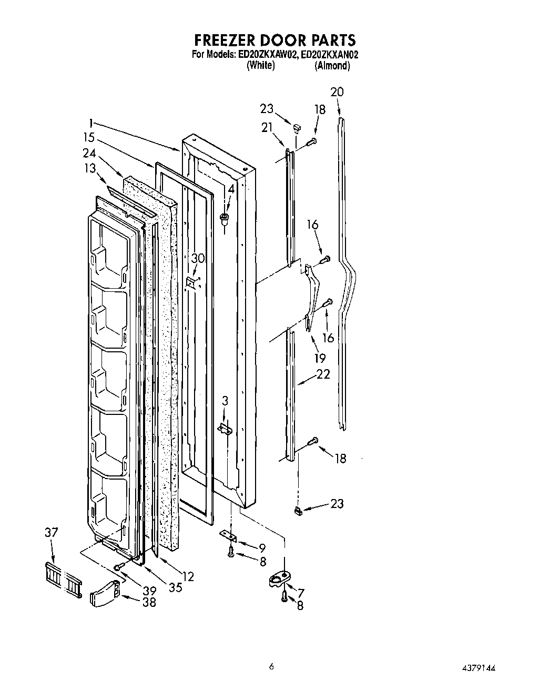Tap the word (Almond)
(x=332, y=66)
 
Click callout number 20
(x=337, y=92)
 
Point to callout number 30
(x=198, y=258)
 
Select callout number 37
(x=52, y=533)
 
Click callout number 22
(x=323, y=374)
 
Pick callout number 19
(x=320, y=358)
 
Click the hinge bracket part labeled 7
(x=279, y=580)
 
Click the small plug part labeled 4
(x=225, y=218)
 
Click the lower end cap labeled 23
(x=297, y=510)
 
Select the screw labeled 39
(x=119, y=566)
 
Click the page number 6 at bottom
(x=271, y=667)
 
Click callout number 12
(x=188, y=576)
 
